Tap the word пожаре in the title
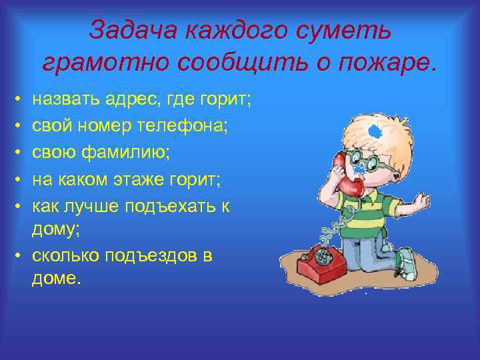[x=393, y=63]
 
